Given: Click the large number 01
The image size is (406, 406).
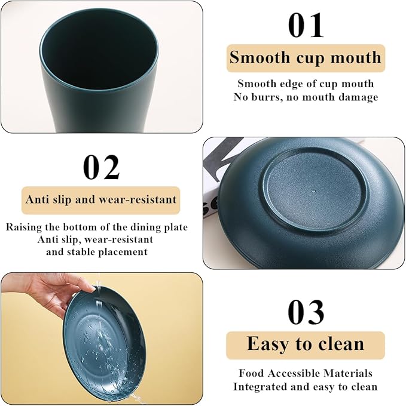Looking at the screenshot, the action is coord(306,26).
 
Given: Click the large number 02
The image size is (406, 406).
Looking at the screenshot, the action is coord(102,167).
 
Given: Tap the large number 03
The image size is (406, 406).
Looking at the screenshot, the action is coord(306,312).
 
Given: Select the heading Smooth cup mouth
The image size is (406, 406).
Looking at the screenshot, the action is coord(306,57).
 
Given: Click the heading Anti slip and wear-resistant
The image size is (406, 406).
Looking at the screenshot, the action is coord(101,199).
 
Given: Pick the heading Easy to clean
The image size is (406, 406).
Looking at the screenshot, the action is coord(306,344).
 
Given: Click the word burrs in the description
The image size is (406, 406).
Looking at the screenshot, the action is coord(269,97).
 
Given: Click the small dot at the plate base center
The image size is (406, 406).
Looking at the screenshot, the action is coord(314,191).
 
